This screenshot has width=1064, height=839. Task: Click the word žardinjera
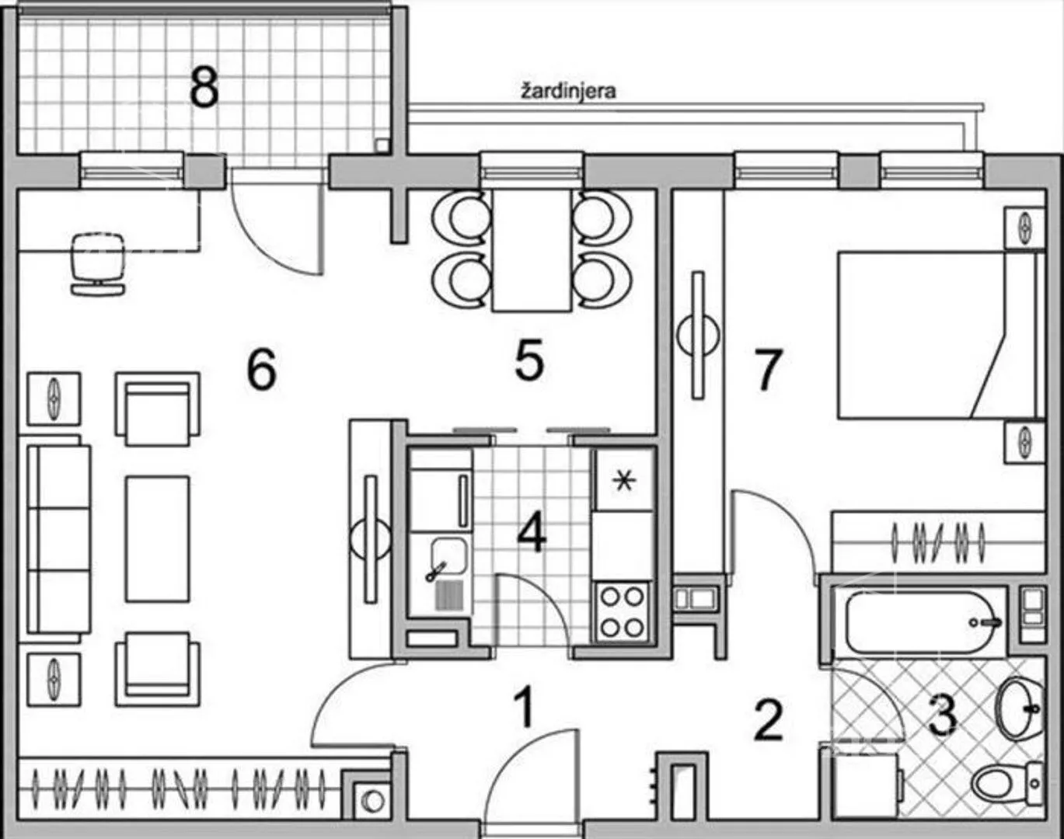point(569,92)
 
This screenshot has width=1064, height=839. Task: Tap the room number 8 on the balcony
point(204,89)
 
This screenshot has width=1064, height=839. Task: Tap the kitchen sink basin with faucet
point(448,557)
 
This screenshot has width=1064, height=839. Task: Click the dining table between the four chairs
point(532,250)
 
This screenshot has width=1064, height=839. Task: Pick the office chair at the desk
point(98,263)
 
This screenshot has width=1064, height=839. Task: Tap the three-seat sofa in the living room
point(59,539)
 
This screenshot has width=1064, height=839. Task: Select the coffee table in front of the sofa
point(157,539)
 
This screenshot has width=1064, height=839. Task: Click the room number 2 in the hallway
point(768,720)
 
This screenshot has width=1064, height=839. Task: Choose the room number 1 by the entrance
point(525,706)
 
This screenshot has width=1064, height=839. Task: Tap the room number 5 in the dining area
point(529,360)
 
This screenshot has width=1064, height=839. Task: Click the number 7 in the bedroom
point(767,369)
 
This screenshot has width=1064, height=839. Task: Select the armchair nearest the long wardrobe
point(158,669)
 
